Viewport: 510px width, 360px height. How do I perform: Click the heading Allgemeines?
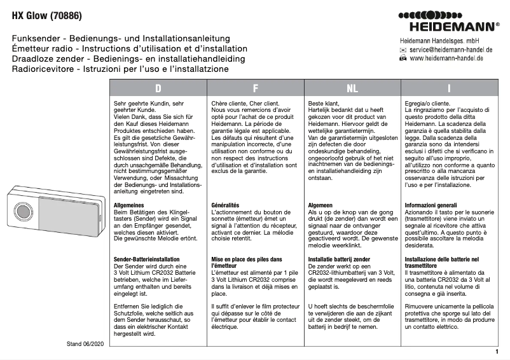coord(130,205)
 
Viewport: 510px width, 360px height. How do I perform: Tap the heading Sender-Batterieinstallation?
coord(146,260)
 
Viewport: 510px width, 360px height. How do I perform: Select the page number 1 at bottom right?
coord(496,350)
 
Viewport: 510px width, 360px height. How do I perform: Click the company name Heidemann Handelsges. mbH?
coord(439,39)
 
